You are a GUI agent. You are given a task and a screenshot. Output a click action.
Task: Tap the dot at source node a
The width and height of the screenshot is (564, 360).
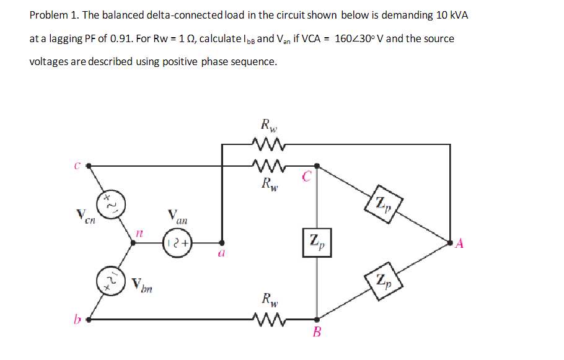coord(222,242)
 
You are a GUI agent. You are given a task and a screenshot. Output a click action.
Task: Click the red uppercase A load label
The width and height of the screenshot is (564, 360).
coord(459,243)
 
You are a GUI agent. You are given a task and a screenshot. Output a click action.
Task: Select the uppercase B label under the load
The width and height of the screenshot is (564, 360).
coord(317,333)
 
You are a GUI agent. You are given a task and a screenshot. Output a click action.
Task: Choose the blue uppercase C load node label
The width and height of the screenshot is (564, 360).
coord(306,177)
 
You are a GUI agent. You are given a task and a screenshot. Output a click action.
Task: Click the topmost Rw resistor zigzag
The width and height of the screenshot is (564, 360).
coord(268,147)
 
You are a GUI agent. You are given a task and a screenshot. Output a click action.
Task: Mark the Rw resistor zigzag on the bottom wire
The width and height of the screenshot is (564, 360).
coord(268,320)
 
